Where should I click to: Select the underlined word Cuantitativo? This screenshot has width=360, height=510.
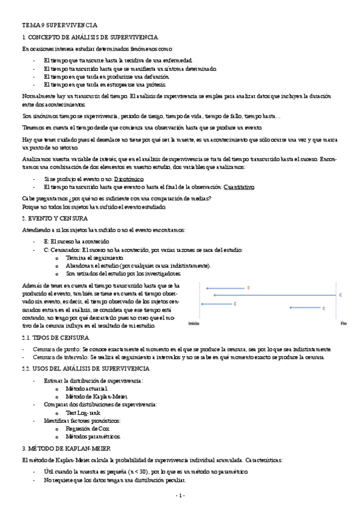239,187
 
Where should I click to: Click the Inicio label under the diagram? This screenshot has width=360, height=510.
194,324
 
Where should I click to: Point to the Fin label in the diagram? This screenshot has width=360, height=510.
344,324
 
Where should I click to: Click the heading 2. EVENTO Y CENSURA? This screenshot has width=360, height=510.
55,218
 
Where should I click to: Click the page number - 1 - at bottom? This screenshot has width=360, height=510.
180,495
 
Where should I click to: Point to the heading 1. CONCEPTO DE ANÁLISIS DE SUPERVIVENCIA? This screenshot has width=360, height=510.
90,37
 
